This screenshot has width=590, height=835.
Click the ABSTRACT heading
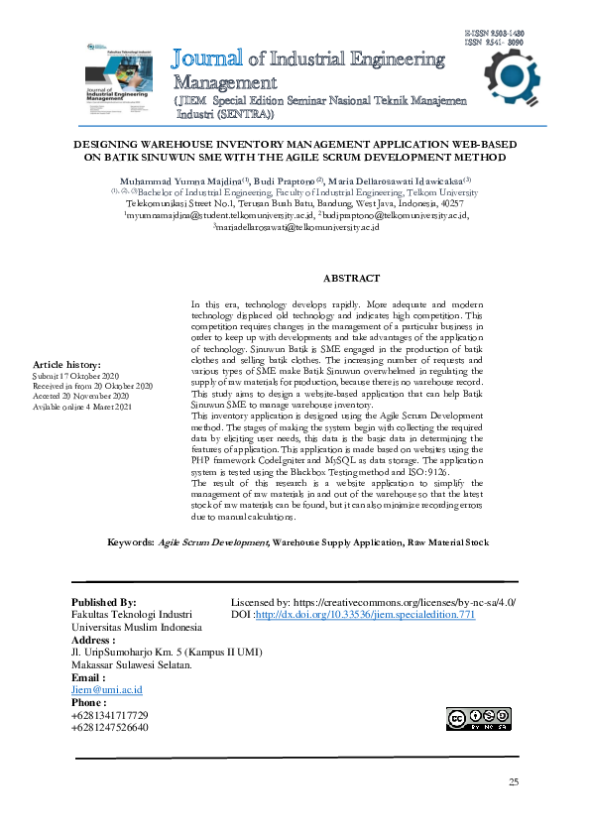[351, 279]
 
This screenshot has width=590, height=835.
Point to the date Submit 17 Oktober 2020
[76, 376]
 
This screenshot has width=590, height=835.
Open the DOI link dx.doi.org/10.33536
[366, 615]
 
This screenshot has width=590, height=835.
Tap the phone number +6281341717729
[109, 715]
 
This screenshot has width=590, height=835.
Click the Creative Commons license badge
[478, 719]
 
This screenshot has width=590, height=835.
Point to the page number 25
[514, 782]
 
